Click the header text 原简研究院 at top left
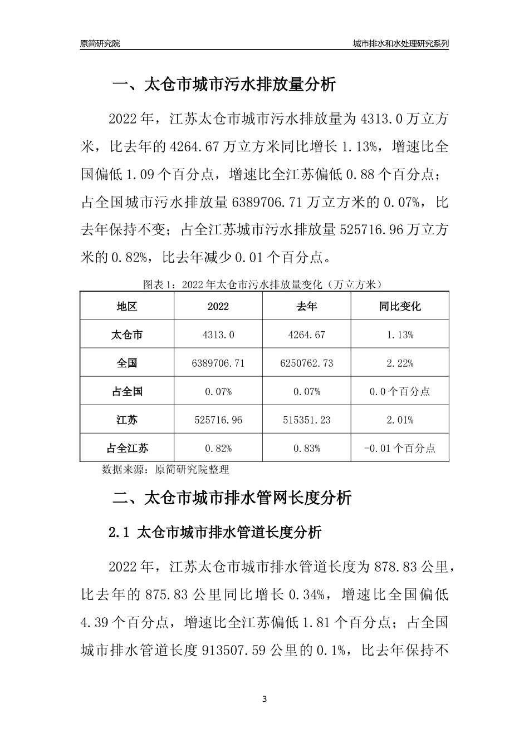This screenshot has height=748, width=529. click(100, 43)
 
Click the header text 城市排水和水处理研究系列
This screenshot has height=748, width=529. click(400, 43)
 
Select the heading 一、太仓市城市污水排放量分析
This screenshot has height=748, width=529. click(224, 85)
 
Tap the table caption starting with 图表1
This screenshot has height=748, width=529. click(263, 284)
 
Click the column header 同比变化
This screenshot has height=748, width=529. click(400, 307)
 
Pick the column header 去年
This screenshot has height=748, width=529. click(307, 307)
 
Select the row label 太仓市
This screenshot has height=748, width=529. click(127, 335)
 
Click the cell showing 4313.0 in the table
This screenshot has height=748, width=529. click(218, 335)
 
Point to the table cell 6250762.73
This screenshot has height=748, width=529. click(307, 363)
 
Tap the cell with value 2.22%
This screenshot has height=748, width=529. click(400, 363)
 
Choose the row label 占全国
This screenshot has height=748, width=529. click(127, 392)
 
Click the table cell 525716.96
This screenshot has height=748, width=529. click(218, 420)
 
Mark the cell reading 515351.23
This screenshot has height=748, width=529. click(307, 420)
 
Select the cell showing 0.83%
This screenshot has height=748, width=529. click(307, 449)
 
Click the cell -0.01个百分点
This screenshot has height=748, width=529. click(400, 449)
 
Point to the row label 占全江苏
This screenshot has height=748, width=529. click(127, 449)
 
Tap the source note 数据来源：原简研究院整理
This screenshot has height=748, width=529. click(165, 470)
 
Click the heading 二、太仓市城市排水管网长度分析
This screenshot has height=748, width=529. click(232, 498)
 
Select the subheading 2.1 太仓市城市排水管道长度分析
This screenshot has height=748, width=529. click(215, 533)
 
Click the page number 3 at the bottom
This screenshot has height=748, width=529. click(264, 699)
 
